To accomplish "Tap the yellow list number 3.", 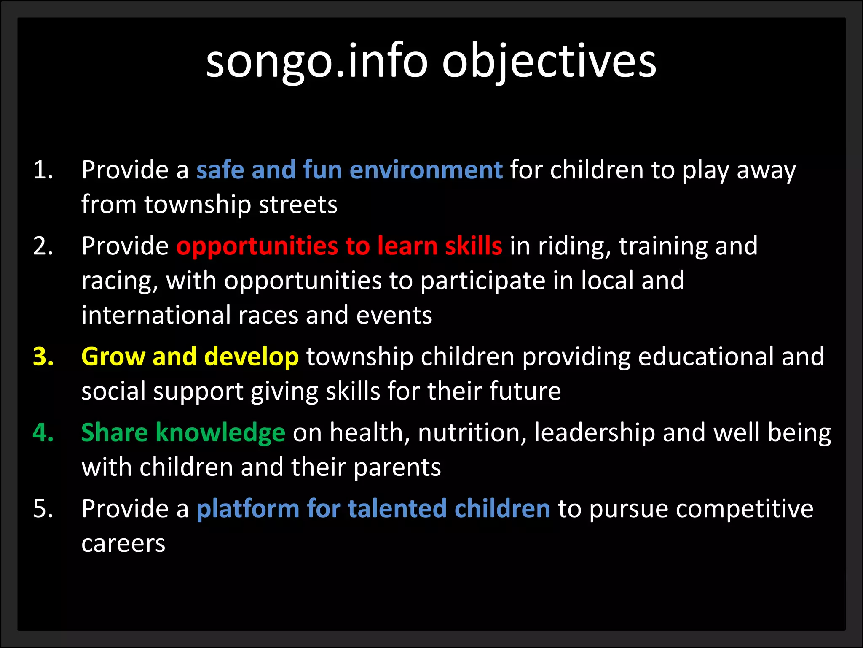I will pyautogui.click(x=43, y=356).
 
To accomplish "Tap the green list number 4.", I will pyautogui.click(x=43, y=433).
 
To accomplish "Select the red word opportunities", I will pyautogui.click(x=257, y=247).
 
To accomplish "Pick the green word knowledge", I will pyautogui.click(x=220, y=433).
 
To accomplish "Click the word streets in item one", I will pyautogui.click(x=297, y=205).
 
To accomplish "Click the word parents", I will pyautogui.click(x=397, y=468).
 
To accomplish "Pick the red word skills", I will pyautogui.click(x=473, y=246).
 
